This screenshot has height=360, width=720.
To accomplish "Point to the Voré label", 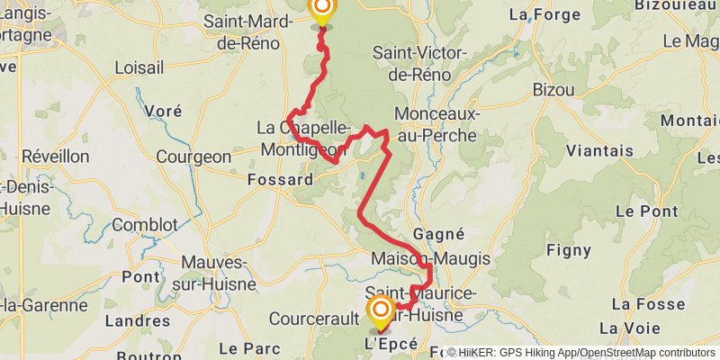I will (163, 111).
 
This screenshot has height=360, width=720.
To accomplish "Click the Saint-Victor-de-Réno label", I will (419, 63).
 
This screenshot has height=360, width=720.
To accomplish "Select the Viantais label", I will (599, 150).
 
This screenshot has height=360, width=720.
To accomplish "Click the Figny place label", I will (570, 250).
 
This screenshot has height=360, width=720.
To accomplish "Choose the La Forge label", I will (542, 14).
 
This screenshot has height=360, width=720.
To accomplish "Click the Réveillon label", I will (56, 157).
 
